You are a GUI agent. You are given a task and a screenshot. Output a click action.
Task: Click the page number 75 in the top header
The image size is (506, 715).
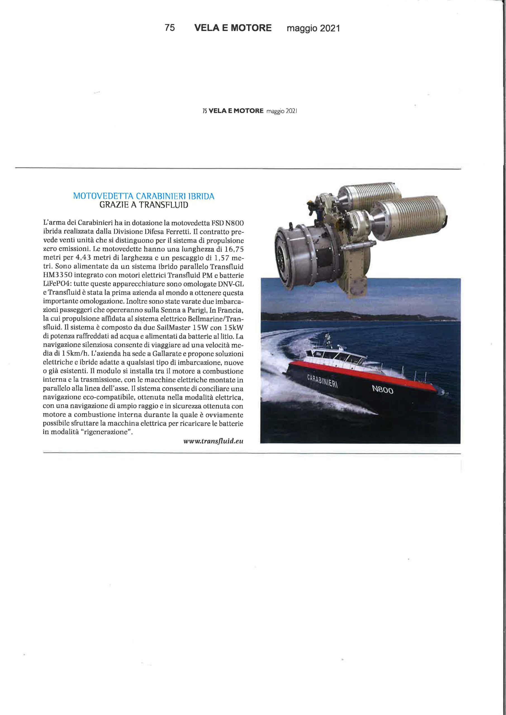pyautogui.click(x=170, y=28)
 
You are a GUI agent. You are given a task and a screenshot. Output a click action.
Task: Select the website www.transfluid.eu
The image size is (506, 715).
pyautogui.click(x=213, y=441)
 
